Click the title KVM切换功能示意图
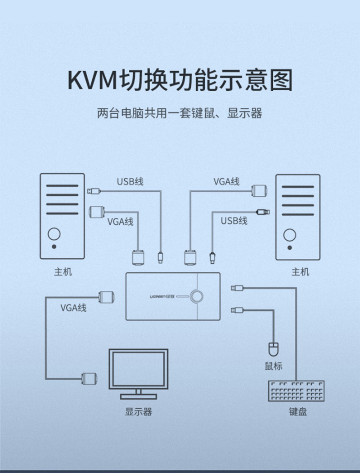click(x=180, y=80)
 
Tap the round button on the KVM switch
click(x=197, y=296)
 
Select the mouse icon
click(x=274, y=349)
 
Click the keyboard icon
click(x=297, y=391)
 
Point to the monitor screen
click(x=139, y=369)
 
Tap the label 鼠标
click(x=274, y=366)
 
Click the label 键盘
click(x=298, y=411)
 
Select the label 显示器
click(x=139, y=411)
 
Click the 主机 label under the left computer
click(x=63, y=272)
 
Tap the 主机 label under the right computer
click(x=300, y=272)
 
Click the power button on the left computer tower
click(x=54, y=234)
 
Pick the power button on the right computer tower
click(x=289, y=235)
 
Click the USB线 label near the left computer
click(x=130, y=182)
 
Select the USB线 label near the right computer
click(x=234, y=221)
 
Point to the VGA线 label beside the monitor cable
click(x=73, y=308)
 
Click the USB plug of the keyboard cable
click(x=237, y=288)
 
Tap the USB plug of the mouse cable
click(x=237, y=310)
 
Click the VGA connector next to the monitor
click(x=89, y=378)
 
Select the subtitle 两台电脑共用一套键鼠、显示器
click(x=180, y=113)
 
